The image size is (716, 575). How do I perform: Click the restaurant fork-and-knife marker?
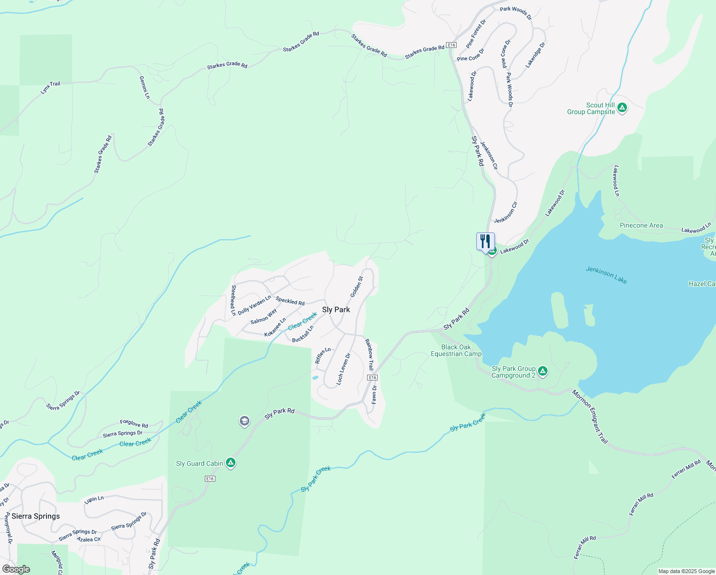[485, 241]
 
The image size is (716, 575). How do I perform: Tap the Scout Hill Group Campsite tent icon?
[622, 108]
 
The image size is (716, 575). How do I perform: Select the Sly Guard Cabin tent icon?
[231, 463]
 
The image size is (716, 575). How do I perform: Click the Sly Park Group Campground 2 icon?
[542, 371]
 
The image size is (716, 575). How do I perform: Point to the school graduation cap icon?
[245, 421]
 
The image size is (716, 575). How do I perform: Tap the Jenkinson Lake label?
[606, 275]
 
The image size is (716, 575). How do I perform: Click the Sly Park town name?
[336, 310]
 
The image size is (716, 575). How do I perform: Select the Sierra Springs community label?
[36, 516]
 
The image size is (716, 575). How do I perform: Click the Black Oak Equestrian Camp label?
[456, 350]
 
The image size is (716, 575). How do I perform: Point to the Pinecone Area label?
[641, 225]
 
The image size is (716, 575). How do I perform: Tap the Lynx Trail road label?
[51, 87]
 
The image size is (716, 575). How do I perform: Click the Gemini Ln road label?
[145, 87]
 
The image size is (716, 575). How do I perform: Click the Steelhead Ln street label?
[234, 300]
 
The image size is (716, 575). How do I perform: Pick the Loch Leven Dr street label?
[344, 369]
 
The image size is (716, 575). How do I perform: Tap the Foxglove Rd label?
[134, 424]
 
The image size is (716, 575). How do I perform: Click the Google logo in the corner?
[16, 569]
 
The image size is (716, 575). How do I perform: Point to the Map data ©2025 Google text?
[686, 571]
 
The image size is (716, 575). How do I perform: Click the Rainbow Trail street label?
[369, 355]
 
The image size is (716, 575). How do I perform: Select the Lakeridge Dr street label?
[535, 55]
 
